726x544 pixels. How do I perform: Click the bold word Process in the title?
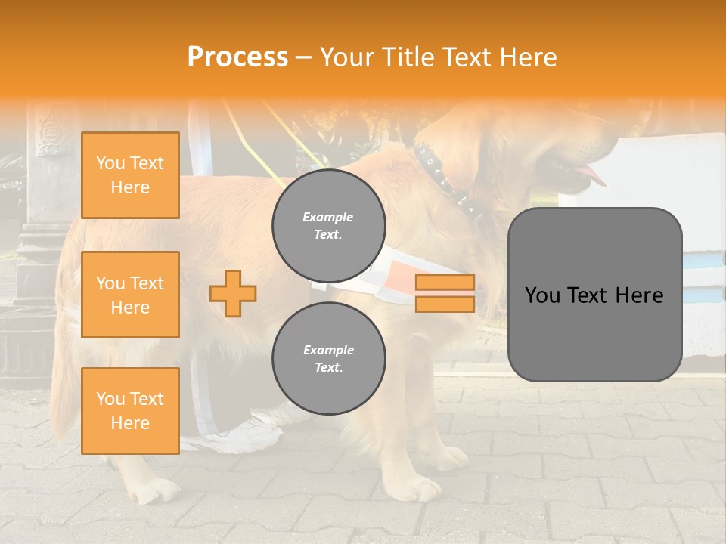click(x=237, y=57)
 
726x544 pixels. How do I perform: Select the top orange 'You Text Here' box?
click(x=130, y=175)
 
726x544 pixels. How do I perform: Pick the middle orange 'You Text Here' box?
click(x=130, y=295)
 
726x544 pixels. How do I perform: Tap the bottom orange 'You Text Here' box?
click(x=130, y=411)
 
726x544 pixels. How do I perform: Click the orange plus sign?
click(x=233, y=293)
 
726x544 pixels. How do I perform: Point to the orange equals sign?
click(x=445, y=293)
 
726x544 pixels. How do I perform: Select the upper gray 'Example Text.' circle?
click(x=328, y=226)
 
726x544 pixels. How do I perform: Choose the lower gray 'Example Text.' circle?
click(x=328, y=359)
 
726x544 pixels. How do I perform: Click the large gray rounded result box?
click(x=594, y=295)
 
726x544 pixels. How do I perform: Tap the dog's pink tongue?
click(x=593, y=178)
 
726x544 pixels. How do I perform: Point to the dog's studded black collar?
click(x=446, y=181)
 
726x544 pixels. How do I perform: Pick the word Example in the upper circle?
click(x=328, y=217)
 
